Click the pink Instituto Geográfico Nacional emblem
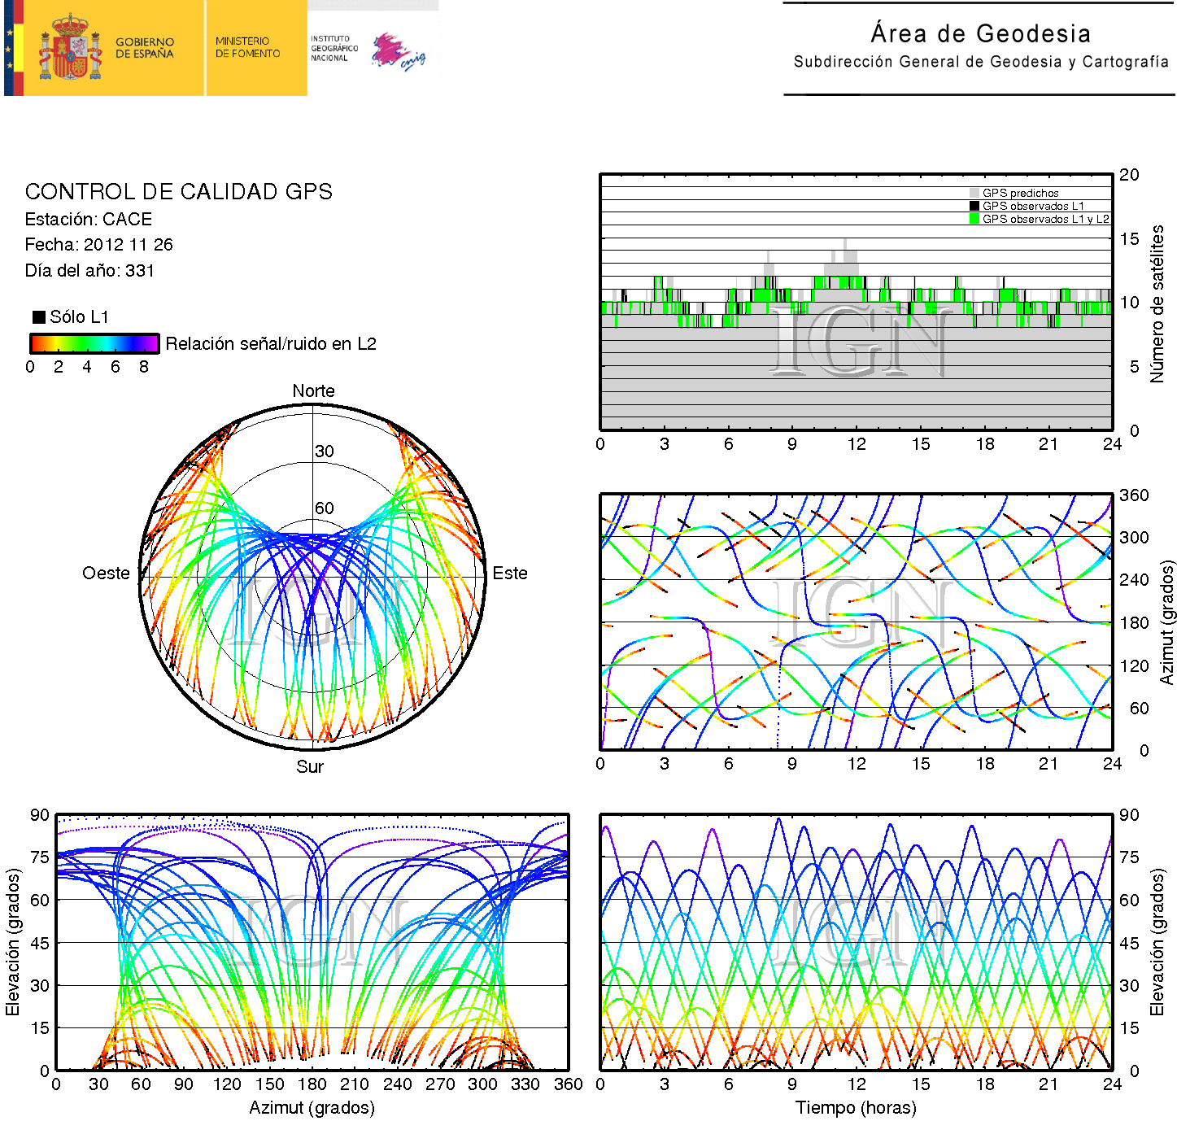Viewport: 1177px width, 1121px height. click(x=397, y=52)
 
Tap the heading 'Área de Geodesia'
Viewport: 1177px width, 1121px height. click(x=980, y=33)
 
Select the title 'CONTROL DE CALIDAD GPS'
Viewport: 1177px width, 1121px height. click(x=178, y=192)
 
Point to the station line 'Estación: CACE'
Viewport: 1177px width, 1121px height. click(x=88, y=220)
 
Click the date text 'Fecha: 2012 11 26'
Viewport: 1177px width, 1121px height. click(x=98, y=245)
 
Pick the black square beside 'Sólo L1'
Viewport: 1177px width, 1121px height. click(x=38, y=317)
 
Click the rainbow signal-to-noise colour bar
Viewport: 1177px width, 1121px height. click(x=94, y=343)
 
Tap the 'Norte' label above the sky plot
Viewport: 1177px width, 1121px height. click(x=313, y=391)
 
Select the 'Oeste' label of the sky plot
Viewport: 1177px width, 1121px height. click(x=106, y=574)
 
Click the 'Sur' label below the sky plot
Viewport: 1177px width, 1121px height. click(x=310, y=767)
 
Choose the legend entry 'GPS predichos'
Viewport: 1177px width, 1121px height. click(x=1020, y=194)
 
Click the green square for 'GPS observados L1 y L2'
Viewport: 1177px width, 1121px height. click(x=974, y=219)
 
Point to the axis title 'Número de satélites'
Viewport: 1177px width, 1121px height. click(x=1157, y=303)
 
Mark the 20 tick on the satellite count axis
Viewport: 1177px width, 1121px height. click(x=1129, y=175)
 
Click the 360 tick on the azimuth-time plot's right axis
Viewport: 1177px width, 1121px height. click(x=1134, y=495)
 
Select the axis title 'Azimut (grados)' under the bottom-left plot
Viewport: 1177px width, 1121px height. click(x=312, y=1108)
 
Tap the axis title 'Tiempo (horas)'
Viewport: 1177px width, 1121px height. click(x=856, y=1108)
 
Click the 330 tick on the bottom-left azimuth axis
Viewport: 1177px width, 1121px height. click(x=525, y=1084)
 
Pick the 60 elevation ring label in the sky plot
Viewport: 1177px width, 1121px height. click(x=325, y=508)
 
